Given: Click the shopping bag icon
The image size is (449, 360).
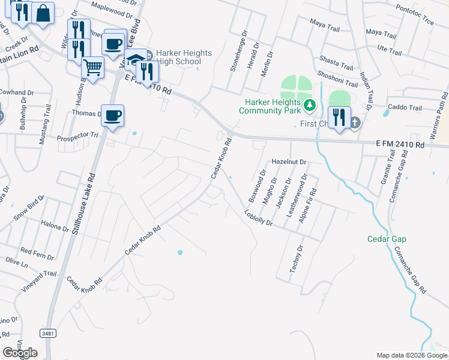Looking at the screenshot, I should [x=43, y=13].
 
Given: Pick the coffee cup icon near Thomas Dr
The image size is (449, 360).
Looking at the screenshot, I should [x=112, y=115].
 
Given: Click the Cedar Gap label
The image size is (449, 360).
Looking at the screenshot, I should [x=387, y=239].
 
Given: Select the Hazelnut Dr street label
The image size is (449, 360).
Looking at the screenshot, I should [x=289, y=162].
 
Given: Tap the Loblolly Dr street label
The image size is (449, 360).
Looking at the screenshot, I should [x=259, y=218].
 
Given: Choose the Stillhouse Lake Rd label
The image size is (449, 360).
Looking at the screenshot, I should [x=83, y=204].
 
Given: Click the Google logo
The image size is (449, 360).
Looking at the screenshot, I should [x=19, y=353].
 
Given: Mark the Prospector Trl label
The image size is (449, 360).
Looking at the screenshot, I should [x=77, y=136].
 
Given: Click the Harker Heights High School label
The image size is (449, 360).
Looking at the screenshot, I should [x=184, y=58].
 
